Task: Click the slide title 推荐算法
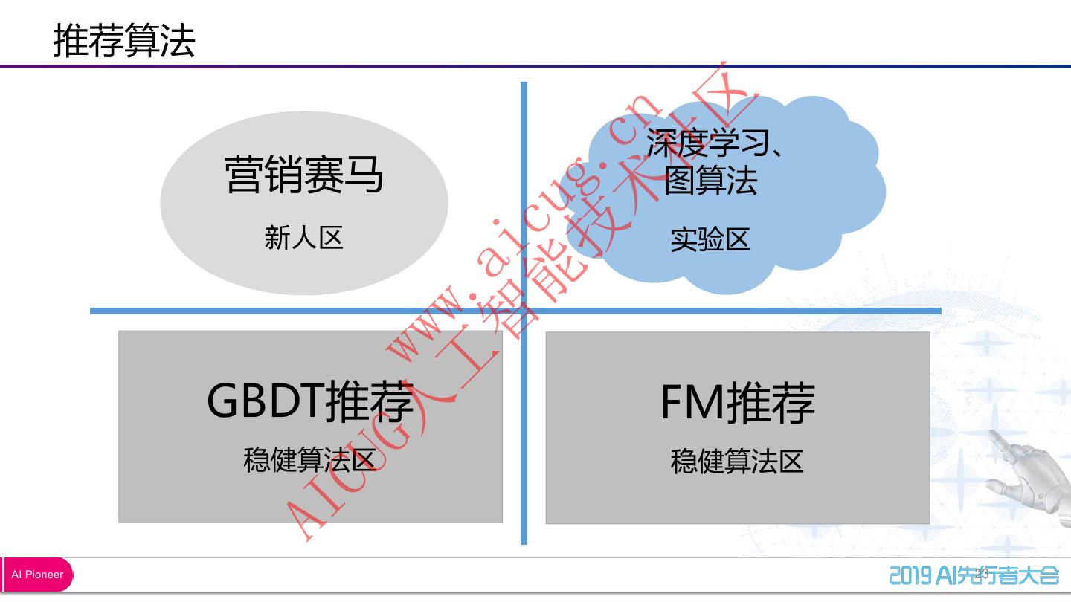pyautogui.click(x=123, y=40)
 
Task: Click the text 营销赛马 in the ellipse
pyautogui.click(x=303, y=175)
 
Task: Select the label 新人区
pyautogui.click(x=303, y=238)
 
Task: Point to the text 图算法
pyautogui.click(x=710, y=181)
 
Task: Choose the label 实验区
pyautogui.click(x=710, y=239)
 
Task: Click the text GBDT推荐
pyautogui.click(x=310, y=401)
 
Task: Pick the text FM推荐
pyautogui.click(x=738, y=402)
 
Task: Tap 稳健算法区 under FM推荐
pyautogui.click(x=737, y=461)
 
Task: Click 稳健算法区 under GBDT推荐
pyautogui.click(x=310, y=460)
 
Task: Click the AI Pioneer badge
pyautogui.click(x=37, y=575)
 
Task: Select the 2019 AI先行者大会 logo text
pyautogui.click(x=974, y=575)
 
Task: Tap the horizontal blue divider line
pyautogui.click(x=223, y=311)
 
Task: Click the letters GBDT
pyautogui.click(x=265, y=401)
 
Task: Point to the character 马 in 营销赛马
pyautogui.click(x=363, y=175)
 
